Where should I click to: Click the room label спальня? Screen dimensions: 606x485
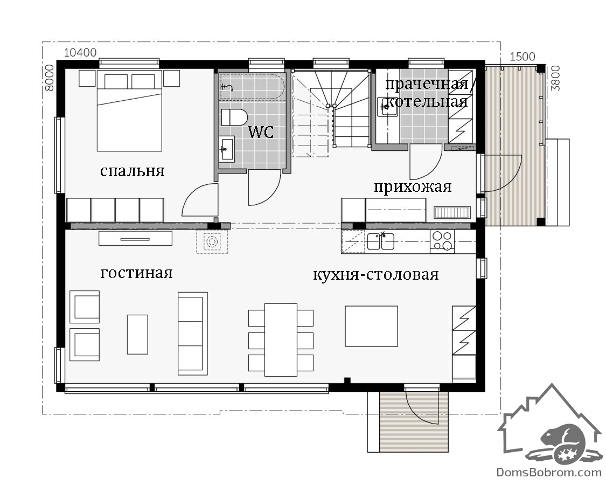pyautogui.click(x=132, y=171)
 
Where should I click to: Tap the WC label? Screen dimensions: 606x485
pyautogui.click(x=261, y=131)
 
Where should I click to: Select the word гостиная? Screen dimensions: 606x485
pyautogui.click(x=136, y=273)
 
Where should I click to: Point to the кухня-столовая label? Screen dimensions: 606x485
pyautogui.click(x=375, y=274)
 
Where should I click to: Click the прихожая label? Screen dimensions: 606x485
pyautogui.click(x=413, y=187)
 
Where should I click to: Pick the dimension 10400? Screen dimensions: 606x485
pyautogui.click(x=80, y=52)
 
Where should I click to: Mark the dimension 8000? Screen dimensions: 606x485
pyautogui.click(x=50, y=78)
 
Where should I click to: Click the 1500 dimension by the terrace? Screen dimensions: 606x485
pyautogui.click(x=523, y=57)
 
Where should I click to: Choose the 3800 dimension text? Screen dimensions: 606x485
pyautogui.click(x=555, y=78)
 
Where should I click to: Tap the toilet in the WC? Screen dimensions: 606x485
pyautogui.click(x=234, y=117)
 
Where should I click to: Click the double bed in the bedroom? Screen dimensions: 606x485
pyautogui.click(x=129, y=110)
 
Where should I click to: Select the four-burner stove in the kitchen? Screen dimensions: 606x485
pyautogui.click(x=442, y=240)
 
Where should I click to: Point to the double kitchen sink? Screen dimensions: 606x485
pyautogui.click(x=380, y=241)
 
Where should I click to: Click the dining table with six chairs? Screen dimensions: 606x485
pyautogui.click(x=281, y=339)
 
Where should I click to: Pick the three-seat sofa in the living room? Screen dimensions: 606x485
pyautogui.click(x=192, y=334)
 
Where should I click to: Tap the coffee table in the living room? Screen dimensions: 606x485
pyautogui.click(x=137, y=335)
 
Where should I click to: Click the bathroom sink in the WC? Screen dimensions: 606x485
pyautogui.click(x=226, y=149)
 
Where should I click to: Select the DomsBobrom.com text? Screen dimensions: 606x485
pyautogui.click(x=549, y=472)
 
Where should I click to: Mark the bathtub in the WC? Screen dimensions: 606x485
pyautogui.click(x=252, y=87)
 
